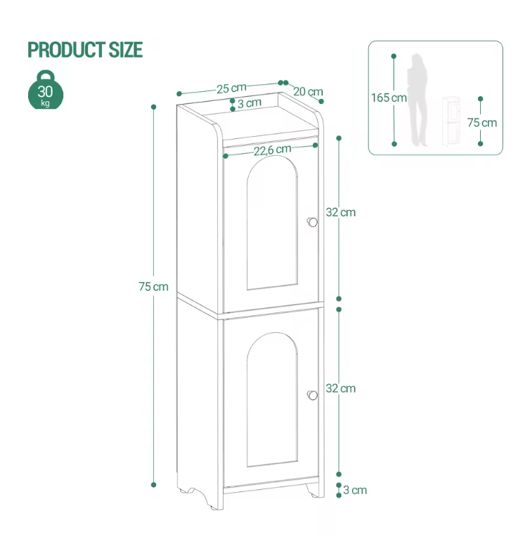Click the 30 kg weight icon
tap(46, 90)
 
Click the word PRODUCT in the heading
tap(66, 50)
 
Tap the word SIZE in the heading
tap(126, 50)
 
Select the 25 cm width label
tap(231, 88)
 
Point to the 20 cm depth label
tap(308, 91)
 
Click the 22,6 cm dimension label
tap(273, 150)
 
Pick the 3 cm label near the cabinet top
tap(250, 103)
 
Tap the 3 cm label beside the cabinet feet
tap(355, 490)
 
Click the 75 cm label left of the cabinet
tap(154, 286)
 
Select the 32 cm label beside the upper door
tap(341, 212)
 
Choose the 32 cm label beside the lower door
tap(341, 388)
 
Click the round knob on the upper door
tap(312, 223)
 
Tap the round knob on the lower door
tap(312, 395)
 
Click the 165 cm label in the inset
tap(389, 98)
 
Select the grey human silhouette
tap(417, 100)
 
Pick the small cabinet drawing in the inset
tap(451, 121)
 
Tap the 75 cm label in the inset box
tap(482, 122)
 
